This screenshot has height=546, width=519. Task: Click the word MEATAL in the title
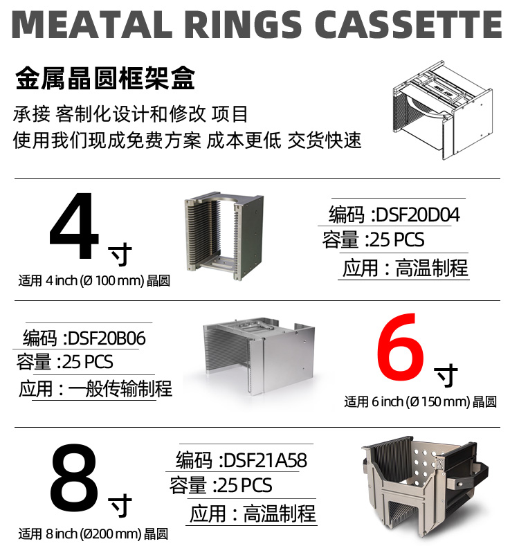coord(92,24)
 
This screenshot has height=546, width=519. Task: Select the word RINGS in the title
coord(243,24)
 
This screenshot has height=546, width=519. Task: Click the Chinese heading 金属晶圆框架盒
coord(105,78)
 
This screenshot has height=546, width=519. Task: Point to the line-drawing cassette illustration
coord(443,110)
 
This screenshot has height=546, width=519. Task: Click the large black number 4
coord(74,226)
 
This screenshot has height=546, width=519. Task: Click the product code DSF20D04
coord(418,215)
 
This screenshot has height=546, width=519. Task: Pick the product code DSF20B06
coord(107,338)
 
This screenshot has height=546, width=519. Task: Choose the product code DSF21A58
coord(266,460)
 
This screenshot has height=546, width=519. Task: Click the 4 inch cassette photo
coord(224,236)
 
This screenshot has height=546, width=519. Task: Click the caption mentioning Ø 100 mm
coord(94,281)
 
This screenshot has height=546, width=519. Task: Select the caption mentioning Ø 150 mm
coord(421,402)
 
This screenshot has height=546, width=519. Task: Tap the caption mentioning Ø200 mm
coord(93,534)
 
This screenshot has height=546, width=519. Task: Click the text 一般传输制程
coord(120,389)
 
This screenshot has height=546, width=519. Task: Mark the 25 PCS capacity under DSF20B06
coord(88,362)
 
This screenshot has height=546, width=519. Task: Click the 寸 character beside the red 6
coord(446,375)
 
